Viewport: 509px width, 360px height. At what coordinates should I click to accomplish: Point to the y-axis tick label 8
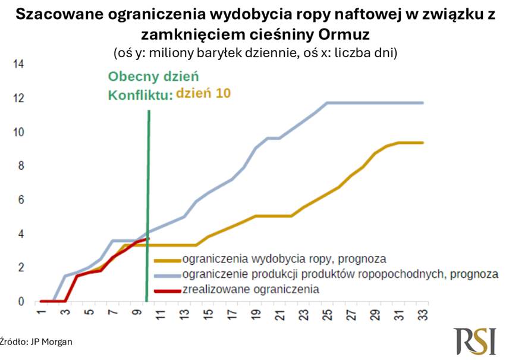[x=20, y=166]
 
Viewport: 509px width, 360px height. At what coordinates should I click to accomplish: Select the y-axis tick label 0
[x=20, y=302]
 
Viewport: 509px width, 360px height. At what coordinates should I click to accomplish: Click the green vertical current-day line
[x=148, y=179]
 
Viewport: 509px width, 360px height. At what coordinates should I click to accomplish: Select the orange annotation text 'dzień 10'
[x=205, y=93]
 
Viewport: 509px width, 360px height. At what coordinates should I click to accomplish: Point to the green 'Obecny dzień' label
[x=153, y=77]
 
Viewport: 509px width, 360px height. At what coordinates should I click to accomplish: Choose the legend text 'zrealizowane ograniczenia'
[x=251, y=290]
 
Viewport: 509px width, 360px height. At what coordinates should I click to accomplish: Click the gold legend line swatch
[x=167, y=260]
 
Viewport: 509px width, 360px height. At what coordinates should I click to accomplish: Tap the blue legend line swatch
[x=167, y=275]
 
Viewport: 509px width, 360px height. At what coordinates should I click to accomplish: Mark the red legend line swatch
[x=167, y=290]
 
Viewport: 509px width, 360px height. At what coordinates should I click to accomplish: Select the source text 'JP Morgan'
[x=52, y=342]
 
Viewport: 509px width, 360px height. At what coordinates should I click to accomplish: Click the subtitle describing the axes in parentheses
[x=255, y=52]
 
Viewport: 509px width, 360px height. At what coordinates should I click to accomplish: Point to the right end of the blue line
[x=423, y=103]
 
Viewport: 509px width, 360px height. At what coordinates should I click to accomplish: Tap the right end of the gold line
[x=423, y=143]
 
